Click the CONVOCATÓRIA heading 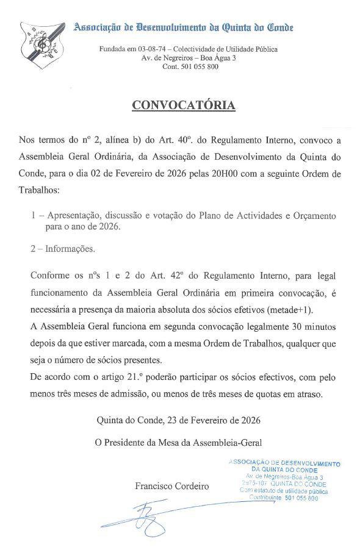click(x=184, y=105)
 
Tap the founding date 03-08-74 click(x=154, y=48)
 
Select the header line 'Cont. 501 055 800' click(x=190, y=66)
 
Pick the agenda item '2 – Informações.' click(x=62, y=249)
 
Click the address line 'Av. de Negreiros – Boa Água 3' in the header click(x=189, y=57)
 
